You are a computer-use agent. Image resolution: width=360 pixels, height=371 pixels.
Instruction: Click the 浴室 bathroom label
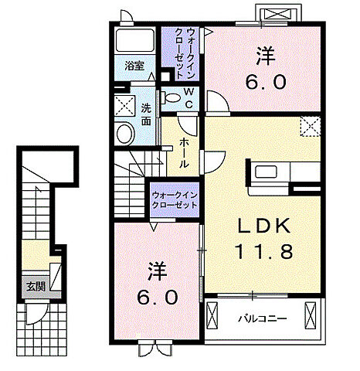134,66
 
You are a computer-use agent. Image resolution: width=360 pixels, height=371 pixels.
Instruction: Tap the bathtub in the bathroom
135,41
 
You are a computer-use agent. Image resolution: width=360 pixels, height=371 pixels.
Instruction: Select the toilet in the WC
170,97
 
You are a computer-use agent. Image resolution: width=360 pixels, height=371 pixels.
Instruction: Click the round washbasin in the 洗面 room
126,134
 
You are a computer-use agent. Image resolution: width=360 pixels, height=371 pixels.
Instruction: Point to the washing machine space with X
124,106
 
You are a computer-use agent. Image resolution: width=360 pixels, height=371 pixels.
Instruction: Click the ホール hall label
184,152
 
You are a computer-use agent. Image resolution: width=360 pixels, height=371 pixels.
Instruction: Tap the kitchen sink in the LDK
266,172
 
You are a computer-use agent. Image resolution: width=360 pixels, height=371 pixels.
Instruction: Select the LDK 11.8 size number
264,251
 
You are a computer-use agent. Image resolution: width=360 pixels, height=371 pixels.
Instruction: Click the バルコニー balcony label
262,319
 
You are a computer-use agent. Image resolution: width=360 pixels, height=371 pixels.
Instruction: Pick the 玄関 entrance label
36,286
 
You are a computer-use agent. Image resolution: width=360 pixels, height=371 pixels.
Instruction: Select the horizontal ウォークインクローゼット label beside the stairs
175,200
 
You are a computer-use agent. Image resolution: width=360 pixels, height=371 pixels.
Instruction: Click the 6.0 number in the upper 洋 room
266,82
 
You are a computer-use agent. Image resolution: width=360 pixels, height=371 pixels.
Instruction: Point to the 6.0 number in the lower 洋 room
158,297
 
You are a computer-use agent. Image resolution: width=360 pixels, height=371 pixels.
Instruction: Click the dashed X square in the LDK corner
311,126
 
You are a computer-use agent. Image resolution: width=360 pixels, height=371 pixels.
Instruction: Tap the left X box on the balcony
212,315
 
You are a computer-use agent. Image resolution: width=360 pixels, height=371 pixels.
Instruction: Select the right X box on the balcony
310,315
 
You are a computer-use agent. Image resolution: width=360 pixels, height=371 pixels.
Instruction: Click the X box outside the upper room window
277,13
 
